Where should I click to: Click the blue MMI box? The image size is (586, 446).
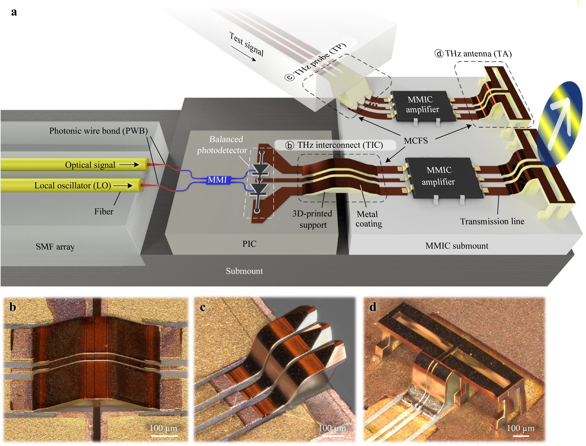tap(218, 180)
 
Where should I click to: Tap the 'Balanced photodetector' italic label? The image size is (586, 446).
tap(222, 145)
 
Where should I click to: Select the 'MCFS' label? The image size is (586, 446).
tap(416, 141)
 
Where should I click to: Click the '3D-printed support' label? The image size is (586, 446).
tap(312, 219)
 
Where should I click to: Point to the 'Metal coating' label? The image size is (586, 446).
tap(368, 219)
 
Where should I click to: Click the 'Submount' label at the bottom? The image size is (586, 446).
tap(244, 271)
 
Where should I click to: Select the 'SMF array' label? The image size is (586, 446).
tap(55, 247)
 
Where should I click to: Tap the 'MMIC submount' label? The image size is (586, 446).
tap(457, 246)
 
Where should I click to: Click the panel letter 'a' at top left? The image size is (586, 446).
tap(14, 12)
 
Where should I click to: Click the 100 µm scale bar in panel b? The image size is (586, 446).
tap(164, 436)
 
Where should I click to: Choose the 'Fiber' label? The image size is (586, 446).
tap(104, 212)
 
